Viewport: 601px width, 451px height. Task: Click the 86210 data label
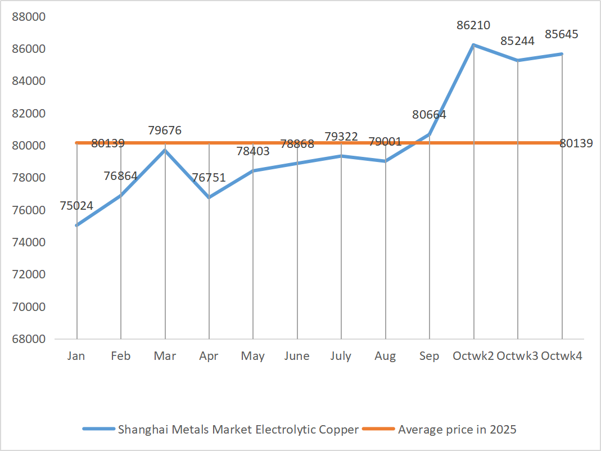(x=473, y=25)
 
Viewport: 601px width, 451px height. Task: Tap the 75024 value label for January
(x=76, y=206)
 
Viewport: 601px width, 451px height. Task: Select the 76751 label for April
(x=209, y=178)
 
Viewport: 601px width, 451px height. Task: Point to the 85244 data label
(x=518, y=42)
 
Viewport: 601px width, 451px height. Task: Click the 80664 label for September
(x=429, y=115)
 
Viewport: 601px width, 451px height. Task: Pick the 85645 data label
(x=562, y=34)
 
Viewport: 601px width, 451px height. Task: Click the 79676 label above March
(x=165, y=130)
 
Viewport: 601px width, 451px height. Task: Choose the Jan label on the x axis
(x=76, y=356)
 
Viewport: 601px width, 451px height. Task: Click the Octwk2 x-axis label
(x=473, y=356)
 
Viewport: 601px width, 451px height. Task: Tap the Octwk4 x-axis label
(x=562, y=356)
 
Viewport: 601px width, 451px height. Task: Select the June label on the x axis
(x=297, y=356)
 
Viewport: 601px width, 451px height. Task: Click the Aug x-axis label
(x=385, y=356)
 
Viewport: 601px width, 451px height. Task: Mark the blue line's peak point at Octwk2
(x=474, y=44)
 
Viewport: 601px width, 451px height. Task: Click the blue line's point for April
(x=209, y=197)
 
